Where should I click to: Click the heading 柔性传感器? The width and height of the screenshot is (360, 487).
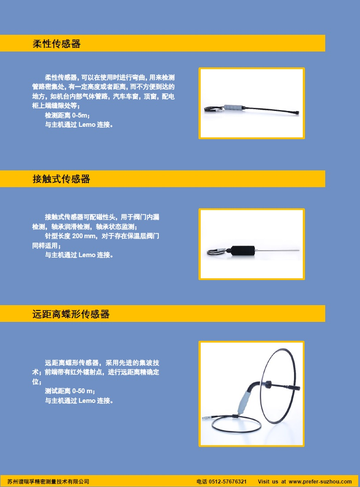pyautogui.click(x=56, y=44)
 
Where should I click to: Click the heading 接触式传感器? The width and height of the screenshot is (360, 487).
pyautogui.click(x=61, y=179)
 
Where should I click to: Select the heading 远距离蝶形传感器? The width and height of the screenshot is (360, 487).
pyautogui.click(x=71, y=314)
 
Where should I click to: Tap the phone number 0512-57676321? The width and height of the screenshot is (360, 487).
pyautogui.click(x=228, y=482)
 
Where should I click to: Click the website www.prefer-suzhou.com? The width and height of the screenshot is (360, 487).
pyautogui.click(x=320, y=482)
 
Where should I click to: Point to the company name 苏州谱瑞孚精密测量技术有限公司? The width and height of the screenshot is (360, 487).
pyautogui.click(x=48, y=482)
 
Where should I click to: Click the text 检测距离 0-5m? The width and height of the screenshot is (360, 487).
pyautogui.click(x=67, y=115)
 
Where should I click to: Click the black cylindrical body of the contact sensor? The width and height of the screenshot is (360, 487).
pyautogui.click(x=242, y=251)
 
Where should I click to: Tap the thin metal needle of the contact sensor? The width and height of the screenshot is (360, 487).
pyautogui.click(x=278, y=250)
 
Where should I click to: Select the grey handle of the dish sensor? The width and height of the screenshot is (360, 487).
pyautogui.click(x=245, y=401)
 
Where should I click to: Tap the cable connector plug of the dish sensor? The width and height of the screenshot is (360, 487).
pyautogui.click(x=207, y=418)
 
